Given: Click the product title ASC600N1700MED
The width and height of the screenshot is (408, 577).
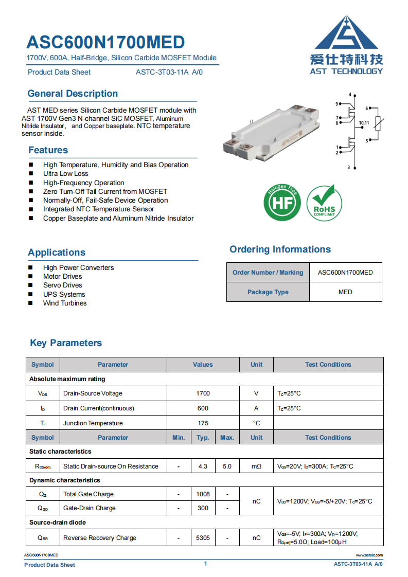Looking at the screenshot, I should coord(105,42).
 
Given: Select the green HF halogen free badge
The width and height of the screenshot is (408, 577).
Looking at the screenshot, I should coord(282,203).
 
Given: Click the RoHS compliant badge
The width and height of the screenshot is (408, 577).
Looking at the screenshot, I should coord(324,204).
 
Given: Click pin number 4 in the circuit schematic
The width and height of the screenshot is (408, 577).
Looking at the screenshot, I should coord(350,95).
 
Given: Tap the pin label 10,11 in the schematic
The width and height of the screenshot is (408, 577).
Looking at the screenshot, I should coord(364,123).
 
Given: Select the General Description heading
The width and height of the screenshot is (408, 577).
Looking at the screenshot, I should coord(73,94).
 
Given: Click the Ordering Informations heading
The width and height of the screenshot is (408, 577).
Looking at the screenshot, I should coord(280,249).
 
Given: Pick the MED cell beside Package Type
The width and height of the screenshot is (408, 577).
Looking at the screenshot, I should coord(345,292).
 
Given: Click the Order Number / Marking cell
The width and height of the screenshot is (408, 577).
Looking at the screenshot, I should coord(268,273).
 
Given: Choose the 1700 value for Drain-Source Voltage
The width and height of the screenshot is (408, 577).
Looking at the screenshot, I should coord(203,393).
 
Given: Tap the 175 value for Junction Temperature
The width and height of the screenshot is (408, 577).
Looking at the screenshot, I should coord(203,423).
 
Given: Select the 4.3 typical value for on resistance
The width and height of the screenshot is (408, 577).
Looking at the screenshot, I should coord(203,466).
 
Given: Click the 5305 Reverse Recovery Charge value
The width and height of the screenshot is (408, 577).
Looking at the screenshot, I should coord(203,538).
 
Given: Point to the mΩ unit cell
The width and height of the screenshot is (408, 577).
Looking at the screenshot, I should coord(256,466).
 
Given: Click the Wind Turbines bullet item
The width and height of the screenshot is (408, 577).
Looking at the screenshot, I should coord(65,303).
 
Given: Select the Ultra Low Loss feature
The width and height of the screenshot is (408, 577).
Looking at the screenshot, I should coord(66,174).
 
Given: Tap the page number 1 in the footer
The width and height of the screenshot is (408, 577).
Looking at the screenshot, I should coord(205,564).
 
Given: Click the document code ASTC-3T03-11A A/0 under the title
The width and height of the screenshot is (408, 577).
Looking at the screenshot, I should coord(169,73).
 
